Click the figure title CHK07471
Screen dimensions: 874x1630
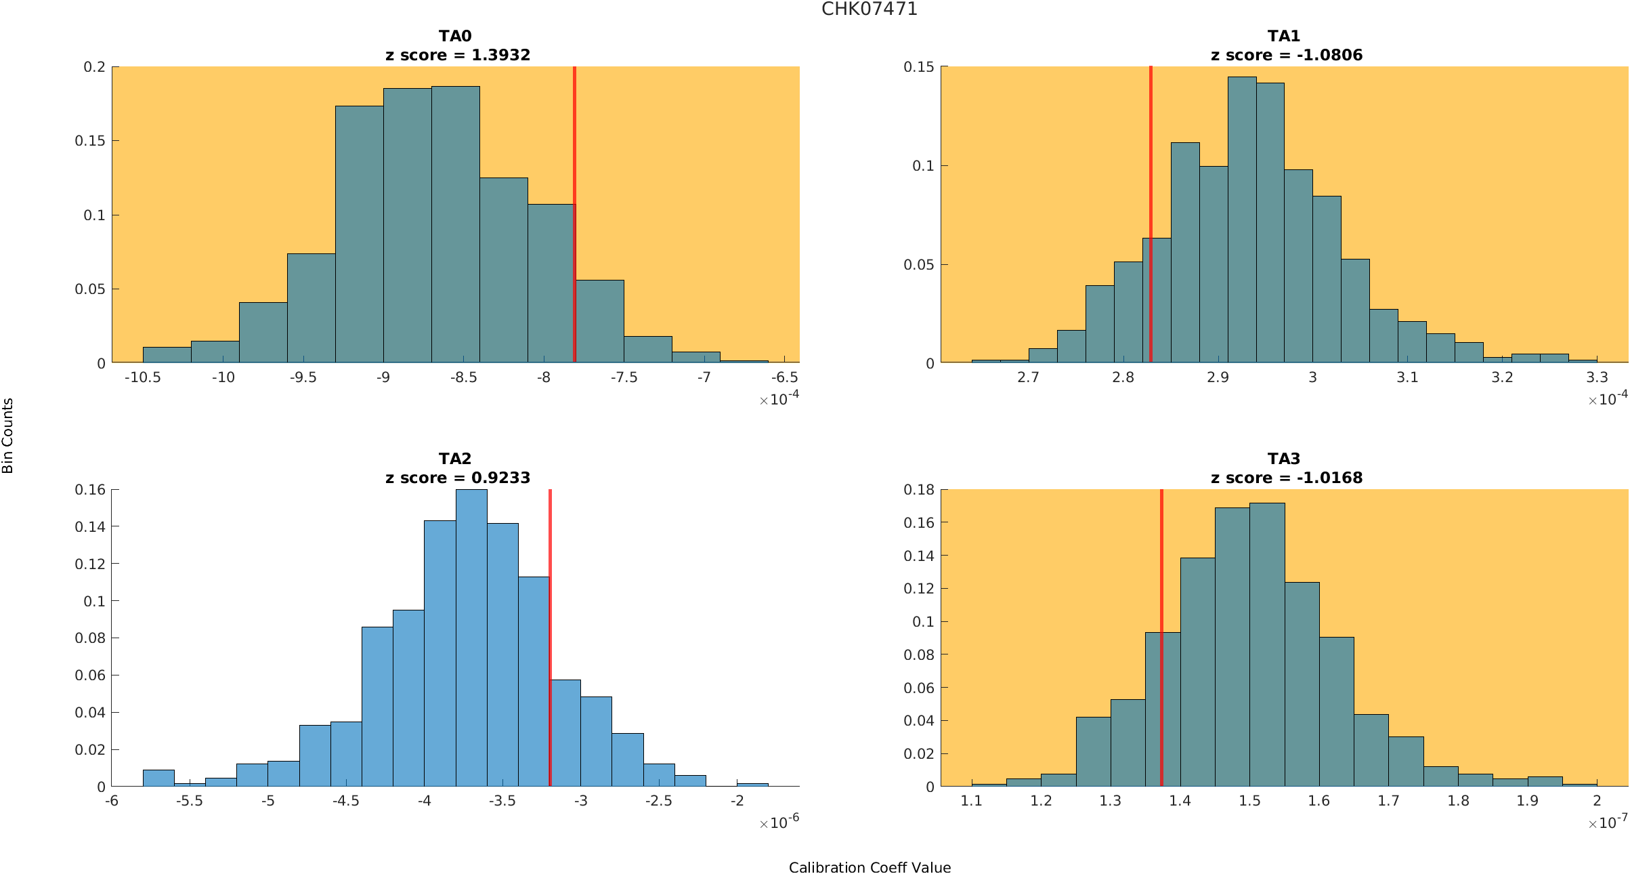869,9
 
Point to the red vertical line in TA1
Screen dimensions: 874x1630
1151,203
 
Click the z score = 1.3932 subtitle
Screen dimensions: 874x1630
457,55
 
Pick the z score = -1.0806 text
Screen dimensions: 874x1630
1286,55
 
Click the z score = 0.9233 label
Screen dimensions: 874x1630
457,478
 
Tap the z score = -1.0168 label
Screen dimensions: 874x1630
1286,478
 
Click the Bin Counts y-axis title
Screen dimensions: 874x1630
7,435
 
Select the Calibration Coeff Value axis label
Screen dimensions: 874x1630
870,867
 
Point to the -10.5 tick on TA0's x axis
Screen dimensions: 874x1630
142,377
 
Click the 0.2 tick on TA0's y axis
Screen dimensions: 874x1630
94,66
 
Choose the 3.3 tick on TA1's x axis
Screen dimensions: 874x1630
1597,377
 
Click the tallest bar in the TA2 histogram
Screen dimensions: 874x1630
471,637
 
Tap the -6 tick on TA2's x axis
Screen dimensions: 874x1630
112,801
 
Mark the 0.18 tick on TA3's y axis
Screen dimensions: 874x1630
918,489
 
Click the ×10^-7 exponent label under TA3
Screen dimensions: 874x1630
1607,823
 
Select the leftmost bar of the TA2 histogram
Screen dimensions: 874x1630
158,778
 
